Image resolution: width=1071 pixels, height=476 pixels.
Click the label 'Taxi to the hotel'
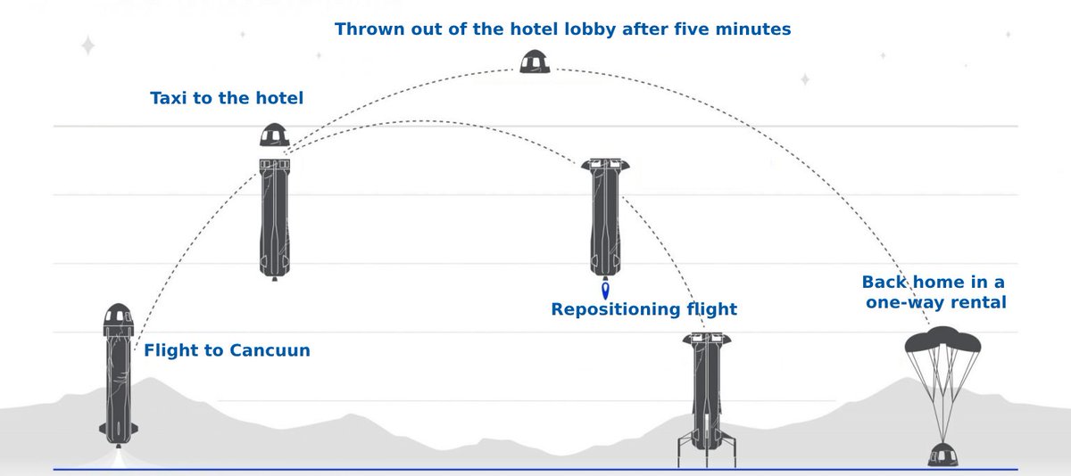[x=227, y=98]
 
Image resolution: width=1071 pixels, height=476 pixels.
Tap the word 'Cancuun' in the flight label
[x=269, y=350]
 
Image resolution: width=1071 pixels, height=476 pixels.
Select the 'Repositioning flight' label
[x=643, y=309]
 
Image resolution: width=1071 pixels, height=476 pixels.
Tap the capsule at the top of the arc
[x=535, y=62]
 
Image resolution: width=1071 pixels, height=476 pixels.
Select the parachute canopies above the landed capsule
[x=942, y=341]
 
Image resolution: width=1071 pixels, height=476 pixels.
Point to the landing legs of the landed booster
[x=706, y=451]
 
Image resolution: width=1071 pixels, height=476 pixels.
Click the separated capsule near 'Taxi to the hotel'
[x=274, y=135]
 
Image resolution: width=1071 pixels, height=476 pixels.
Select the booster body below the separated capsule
[x=274, y=218]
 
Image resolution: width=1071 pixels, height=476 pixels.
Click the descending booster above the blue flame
[x=605, y=218]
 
